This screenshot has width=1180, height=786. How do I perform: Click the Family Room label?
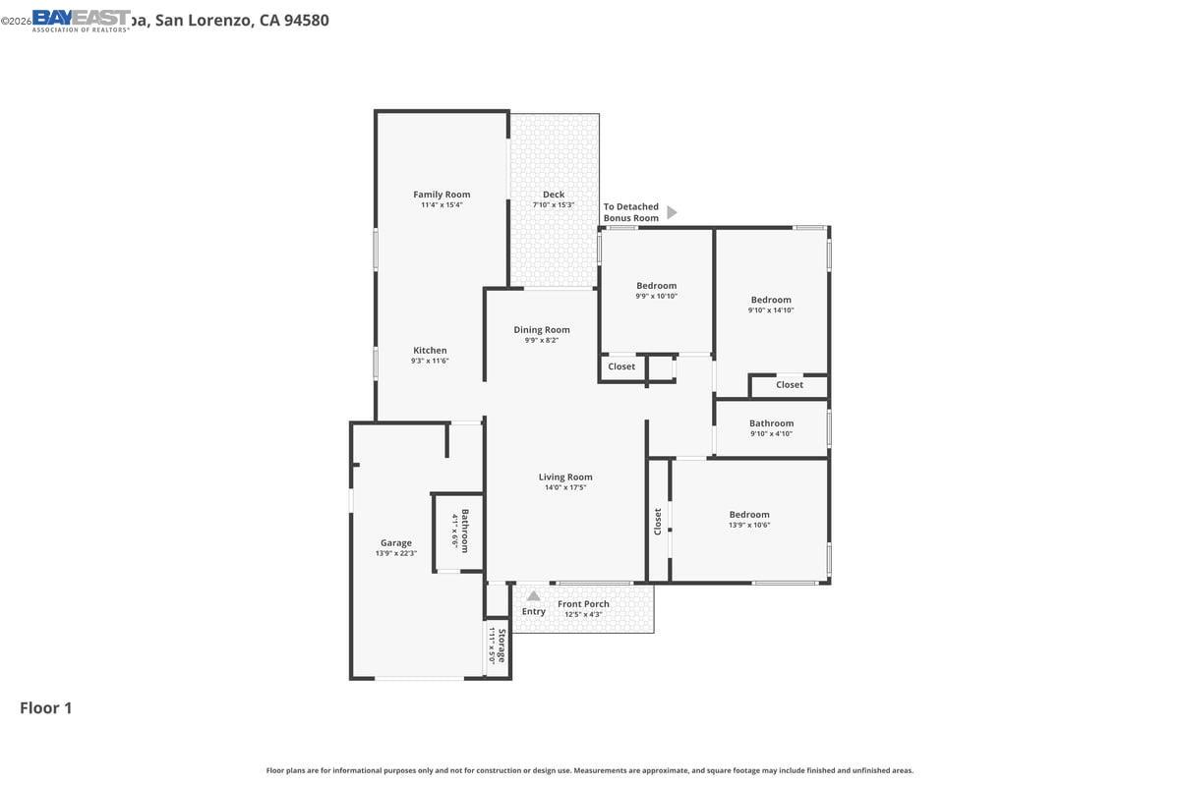point(442,195)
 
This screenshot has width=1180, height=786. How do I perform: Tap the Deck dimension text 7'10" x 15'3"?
point(553,205)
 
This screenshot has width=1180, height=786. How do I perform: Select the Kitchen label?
point(430,351)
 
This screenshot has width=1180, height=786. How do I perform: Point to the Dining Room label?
point(542,330)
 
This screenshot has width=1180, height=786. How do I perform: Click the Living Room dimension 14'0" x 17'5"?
point(565,487)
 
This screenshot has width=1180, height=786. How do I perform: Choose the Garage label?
point(396,543)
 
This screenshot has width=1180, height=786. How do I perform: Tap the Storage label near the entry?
point(501,646)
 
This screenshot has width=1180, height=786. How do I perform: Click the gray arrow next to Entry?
point(533,595)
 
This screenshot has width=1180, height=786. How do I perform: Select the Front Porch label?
point(583,604)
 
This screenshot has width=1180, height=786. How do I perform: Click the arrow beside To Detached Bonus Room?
point(672,212)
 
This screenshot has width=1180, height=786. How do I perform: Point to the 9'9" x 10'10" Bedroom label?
point(656,286)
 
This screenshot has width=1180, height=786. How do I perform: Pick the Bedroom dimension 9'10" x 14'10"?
point(771,310)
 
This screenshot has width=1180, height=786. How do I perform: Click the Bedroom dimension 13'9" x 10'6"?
point(749,525)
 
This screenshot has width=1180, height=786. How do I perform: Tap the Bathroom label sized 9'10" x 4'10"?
point(771,423)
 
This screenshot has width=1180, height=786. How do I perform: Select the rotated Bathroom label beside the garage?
point(465,530)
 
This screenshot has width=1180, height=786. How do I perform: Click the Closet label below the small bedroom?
point(621,366)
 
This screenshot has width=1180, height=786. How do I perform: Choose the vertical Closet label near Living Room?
point(658,521)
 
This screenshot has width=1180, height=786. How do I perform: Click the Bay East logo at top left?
point(81,20)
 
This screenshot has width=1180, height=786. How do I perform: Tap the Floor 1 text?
point(46,707)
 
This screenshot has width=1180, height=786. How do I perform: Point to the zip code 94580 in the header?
point(306,20)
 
